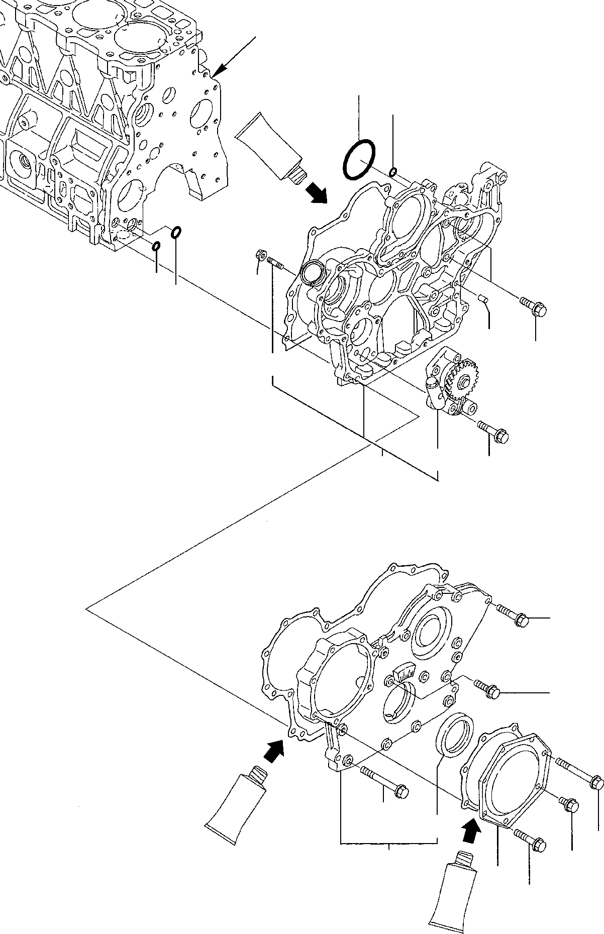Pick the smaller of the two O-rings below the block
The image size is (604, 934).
click(156, 246)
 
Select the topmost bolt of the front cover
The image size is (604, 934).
click(513, 615)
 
